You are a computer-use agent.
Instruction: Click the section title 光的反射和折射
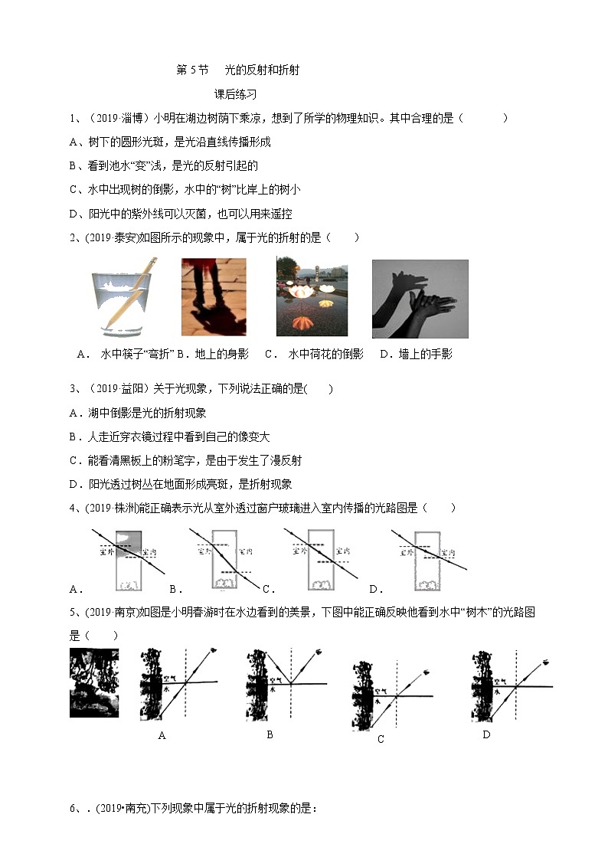pyautogui.click(x=261, y=70)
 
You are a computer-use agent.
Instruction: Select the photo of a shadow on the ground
pyautogui.click(x=214, y=297)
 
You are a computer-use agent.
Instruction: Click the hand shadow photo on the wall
pyautogui.click(x=420, y=299)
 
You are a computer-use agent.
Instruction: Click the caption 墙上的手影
pyautogui.click(x=426, y=354)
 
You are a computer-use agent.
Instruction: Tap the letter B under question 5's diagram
pyautogui.click(x=270, y=734)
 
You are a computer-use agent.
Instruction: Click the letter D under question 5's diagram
pyautogui.click(x=485, y=734)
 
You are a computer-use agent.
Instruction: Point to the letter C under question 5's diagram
pyautogui.click(x=381, y=739)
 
